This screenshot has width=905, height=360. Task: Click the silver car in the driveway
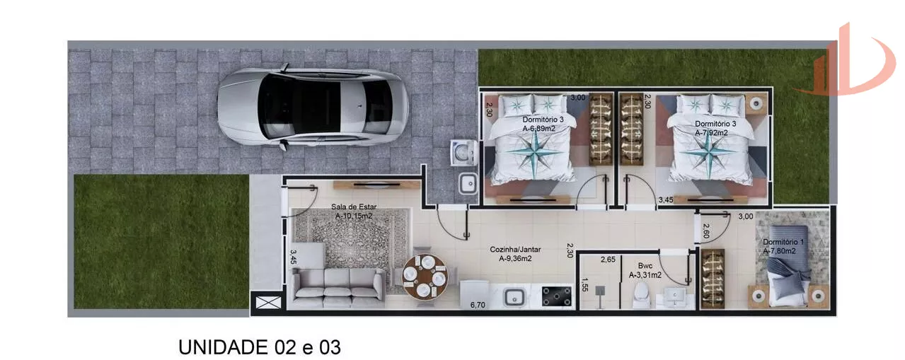click(313, 107)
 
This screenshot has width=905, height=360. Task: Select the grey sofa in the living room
click(338, 288)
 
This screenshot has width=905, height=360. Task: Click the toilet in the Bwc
click(641, 295)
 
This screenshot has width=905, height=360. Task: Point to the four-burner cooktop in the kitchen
click(556, 296)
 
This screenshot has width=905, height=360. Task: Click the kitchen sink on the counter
click(514, 298)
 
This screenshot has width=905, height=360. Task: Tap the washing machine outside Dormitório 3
click(463, 153)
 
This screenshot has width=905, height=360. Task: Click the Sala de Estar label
click(354, 207)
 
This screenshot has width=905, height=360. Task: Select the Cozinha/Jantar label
click(515, 250)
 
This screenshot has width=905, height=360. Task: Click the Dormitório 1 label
click(783, 242)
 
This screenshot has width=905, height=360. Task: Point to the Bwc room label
click(645, 266)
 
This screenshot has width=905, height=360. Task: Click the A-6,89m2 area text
click(538, 129)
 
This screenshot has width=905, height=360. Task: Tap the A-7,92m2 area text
click(711, 133)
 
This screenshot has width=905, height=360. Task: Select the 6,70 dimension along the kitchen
click(478, 305)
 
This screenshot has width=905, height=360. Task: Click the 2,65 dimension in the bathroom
click(608, 260)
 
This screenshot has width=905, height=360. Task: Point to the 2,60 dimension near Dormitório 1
click(706, 231)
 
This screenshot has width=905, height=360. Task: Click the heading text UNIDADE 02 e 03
click(260, 347)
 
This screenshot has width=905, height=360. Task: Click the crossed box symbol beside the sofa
click(268, 302)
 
